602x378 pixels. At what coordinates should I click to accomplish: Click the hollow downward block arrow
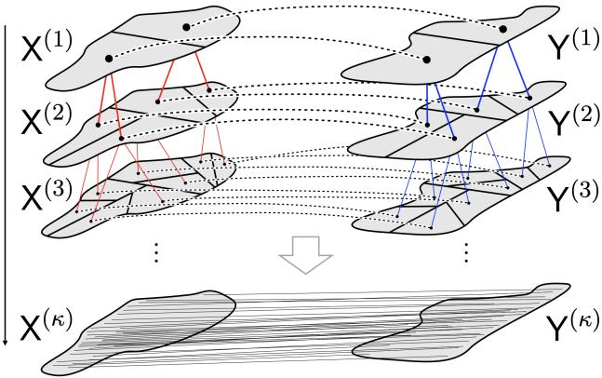(301, 254)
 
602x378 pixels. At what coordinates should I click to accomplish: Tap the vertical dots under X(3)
(156, 251)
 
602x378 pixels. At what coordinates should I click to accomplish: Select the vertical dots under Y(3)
(466, 251)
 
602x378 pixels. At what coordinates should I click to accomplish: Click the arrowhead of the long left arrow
(7, 343)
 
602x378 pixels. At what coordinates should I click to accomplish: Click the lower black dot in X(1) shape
(110, 59)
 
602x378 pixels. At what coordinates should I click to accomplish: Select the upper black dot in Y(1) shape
(503, 29)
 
